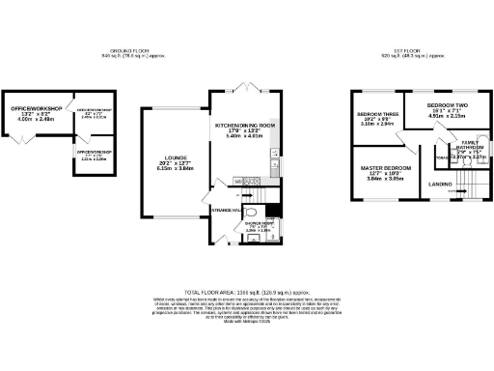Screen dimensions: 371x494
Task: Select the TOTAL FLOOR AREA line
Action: coord(246,290)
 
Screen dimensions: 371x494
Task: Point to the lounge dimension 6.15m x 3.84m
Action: coord(169,168)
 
